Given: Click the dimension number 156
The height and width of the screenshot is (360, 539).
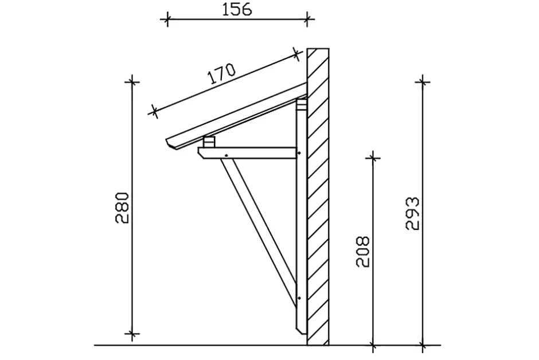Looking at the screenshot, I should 236,10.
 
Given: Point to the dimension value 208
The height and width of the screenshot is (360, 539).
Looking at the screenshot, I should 362,251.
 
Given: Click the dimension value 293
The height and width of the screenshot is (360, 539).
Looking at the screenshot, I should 412,213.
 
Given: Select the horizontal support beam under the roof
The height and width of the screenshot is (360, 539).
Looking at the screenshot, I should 252,152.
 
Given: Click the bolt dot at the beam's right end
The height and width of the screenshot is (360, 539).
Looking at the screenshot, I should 299,153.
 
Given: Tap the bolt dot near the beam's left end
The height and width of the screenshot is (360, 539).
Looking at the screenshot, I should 228,155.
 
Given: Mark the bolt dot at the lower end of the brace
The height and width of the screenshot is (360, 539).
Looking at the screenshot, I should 299,298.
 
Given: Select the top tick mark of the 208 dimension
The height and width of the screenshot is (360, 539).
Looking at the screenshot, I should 373,156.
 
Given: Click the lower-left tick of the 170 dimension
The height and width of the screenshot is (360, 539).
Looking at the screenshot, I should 154,111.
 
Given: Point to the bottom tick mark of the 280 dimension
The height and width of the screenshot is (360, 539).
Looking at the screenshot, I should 133,333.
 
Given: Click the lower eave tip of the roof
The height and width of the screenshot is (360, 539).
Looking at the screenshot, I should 167,141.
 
